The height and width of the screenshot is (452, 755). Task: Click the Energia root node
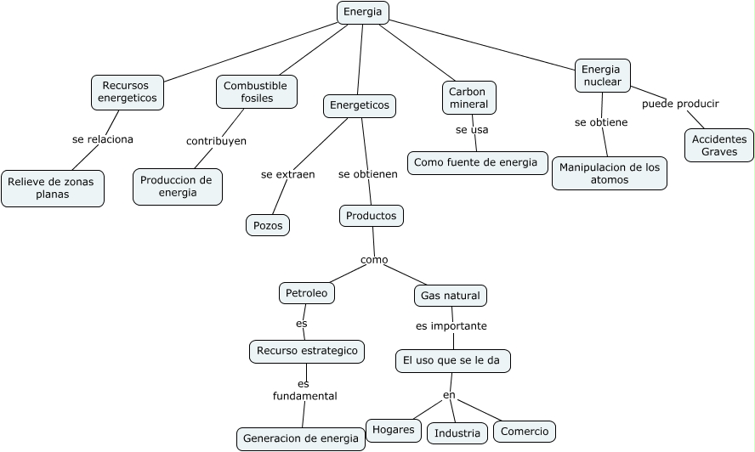363,12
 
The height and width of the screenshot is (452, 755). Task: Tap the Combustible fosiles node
256,92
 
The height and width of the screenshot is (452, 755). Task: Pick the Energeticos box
360,105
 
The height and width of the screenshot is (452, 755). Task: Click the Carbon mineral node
468,98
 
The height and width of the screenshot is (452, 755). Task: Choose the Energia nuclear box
602,76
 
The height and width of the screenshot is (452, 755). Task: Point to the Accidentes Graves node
719,145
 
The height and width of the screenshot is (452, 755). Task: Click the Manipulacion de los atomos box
609,173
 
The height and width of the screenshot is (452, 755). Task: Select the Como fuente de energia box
476,162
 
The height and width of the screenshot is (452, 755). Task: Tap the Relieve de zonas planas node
53,188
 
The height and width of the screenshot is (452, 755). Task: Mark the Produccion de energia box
177,186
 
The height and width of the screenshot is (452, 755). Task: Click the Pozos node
268,225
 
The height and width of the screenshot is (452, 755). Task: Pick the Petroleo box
306,293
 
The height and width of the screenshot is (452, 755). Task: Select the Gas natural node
451,296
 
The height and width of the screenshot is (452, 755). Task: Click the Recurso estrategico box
307,351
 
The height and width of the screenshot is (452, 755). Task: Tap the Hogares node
394,430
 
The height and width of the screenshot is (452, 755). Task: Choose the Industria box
457,433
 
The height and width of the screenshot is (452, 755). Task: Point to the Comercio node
525,431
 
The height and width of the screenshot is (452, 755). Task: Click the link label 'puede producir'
680,104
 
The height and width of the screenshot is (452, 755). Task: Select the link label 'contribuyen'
216,141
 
